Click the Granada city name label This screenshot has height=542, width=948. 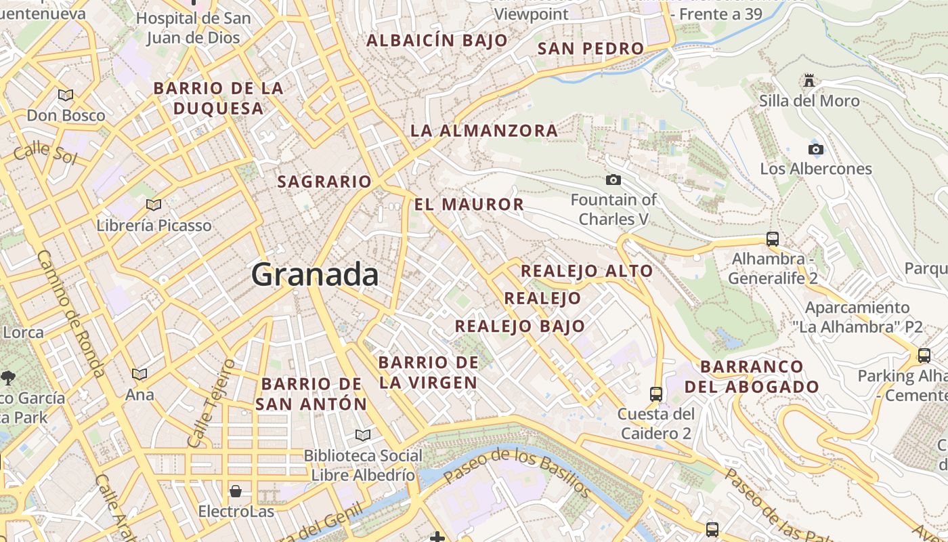[315, 274]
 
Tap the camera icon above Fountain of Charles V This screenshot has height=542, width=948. [613, 180]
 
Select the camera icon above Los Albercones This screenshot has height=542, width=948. [816, 149]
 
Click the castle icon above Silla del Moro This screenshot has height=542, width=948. [809, 81]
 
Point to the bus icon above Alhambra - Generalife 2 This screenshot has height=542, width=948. [773, 238]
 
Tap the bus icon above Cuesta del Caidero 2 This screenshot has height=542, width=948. [655, 394]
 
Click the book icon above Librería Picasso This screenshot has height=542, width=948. [154, 205]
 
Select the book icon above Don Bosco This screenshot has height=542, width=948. [66, 95]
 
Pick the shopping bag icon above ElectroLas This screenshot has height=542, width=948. [236, 491]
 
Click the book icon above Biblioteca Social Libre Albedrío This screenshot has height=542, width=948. [363, 435]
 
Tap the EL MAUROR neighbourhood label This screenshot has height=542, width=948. [469, 205]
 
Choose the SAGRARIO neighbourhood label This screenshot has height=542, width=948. [324, 182]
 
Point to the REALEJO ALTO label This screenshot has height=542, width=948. [586, 271]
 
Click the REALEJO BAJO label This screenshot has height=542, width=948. [519, 326]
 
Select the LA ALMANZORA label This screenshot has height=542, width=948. [484, 131]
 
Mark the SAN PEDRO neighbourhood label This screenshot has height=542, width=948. [590, 49]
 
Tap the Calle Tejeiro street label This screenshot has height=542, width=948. [211, 402]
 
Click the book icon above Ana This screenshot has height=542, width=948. [139, 374]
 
